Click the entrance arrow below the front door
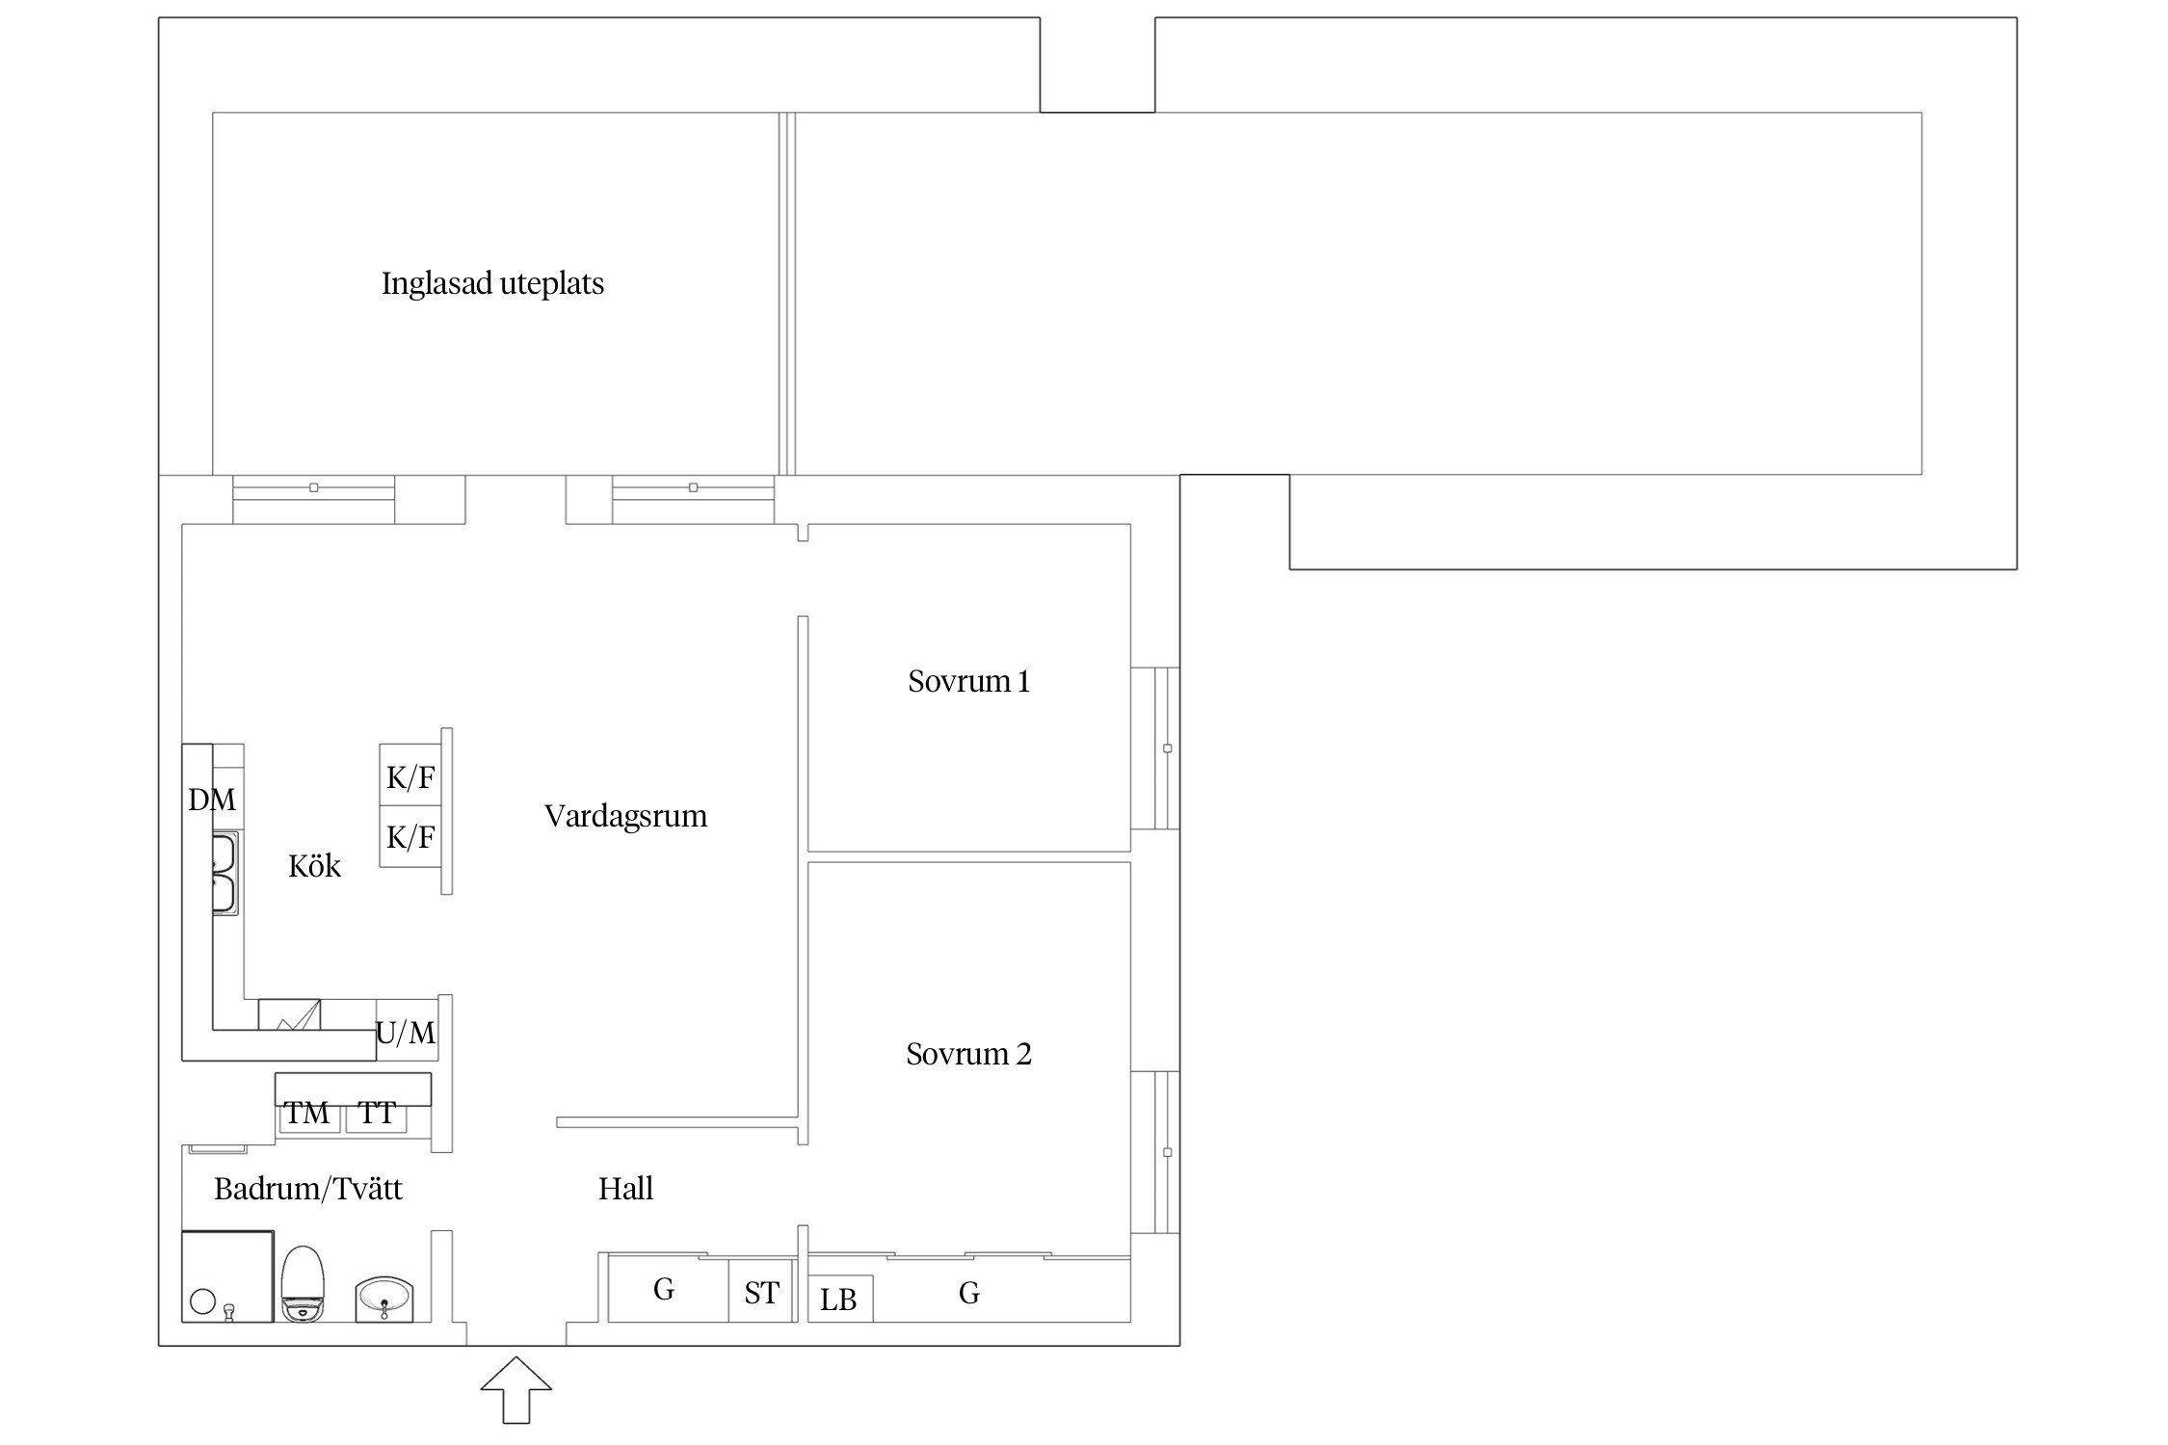[516, 1389]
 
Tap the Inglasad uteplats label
[492, 284]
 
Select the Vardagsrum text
[625, 817]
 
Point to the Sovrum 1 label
[968, 682]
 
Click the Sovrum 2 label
[968, 1054]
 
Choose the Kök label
[314, 866]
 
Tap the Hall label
[625, 1189]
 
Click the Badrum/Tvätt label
[308, 1190]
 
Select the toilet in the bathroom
[304, 1284]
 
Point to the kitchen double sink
[225, 874]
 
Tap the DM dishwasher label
[212, 800]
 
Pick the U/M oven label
[406, 1034]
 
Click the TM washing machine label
[307, 1114]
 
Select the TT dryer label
[377, 1114]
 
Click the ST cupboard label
[761, 1293]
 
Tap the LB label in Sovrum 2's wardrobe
[838, 1300]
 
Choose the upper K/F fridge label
[410, 777]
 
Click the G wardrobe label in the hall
[663, 1289]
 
